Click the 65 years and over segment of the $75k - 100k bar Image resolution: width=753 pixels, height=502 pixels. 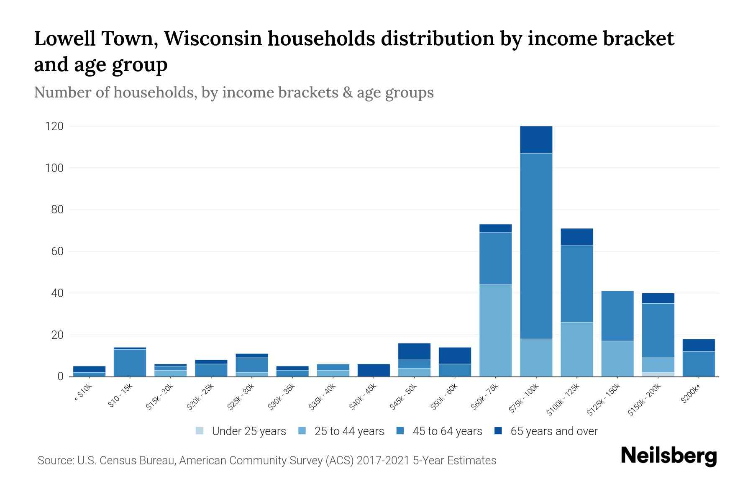[536, 140]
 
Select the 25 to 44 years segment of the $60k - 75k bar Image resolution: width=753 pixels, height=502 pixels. [495, 330]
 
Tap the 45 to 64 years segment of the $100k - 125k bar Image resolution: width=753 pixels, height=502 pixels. [577, 283]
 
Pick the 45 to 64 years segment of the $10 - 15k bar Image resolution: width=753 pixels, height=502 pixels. [130, 363]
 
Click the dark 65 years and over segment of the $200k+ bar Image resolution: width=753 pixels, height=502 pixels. [699, 345]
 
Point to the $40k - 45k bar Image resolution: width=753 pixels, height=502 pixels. [374, 370]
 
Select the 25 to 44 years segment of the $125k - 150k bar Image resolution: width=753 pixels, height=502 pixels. [617, 359]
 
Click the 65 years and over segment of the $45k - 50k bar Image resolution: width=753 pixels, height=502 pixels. [414, 351]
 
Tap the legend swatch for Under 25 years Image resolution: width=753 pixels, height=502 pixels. [200, 431]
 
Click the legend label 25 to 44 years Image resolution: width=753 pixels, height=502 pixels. [349, 431]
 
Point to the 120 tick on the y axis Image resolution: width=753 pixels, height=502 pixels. [54, 126]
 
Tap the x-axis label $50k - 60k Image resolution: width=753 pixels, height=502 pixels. [445, 397]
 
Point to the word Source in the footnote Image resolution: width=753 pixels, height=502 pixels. [55, 461]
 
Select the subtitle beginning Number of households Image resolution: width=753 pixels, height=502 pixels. [233, 92]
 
